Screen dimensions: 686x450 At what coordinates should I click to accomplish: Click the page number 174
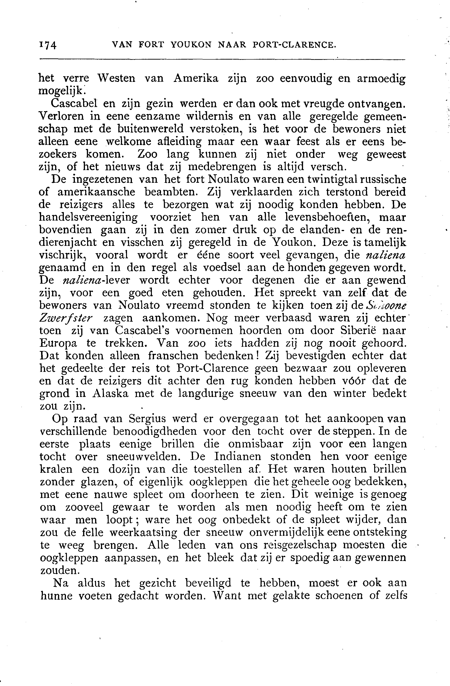coord(48,45)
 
